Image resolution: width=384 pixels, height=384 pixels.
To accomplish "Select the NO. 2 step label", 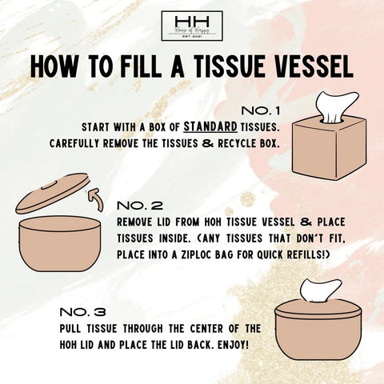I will (x=140, y=206).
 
